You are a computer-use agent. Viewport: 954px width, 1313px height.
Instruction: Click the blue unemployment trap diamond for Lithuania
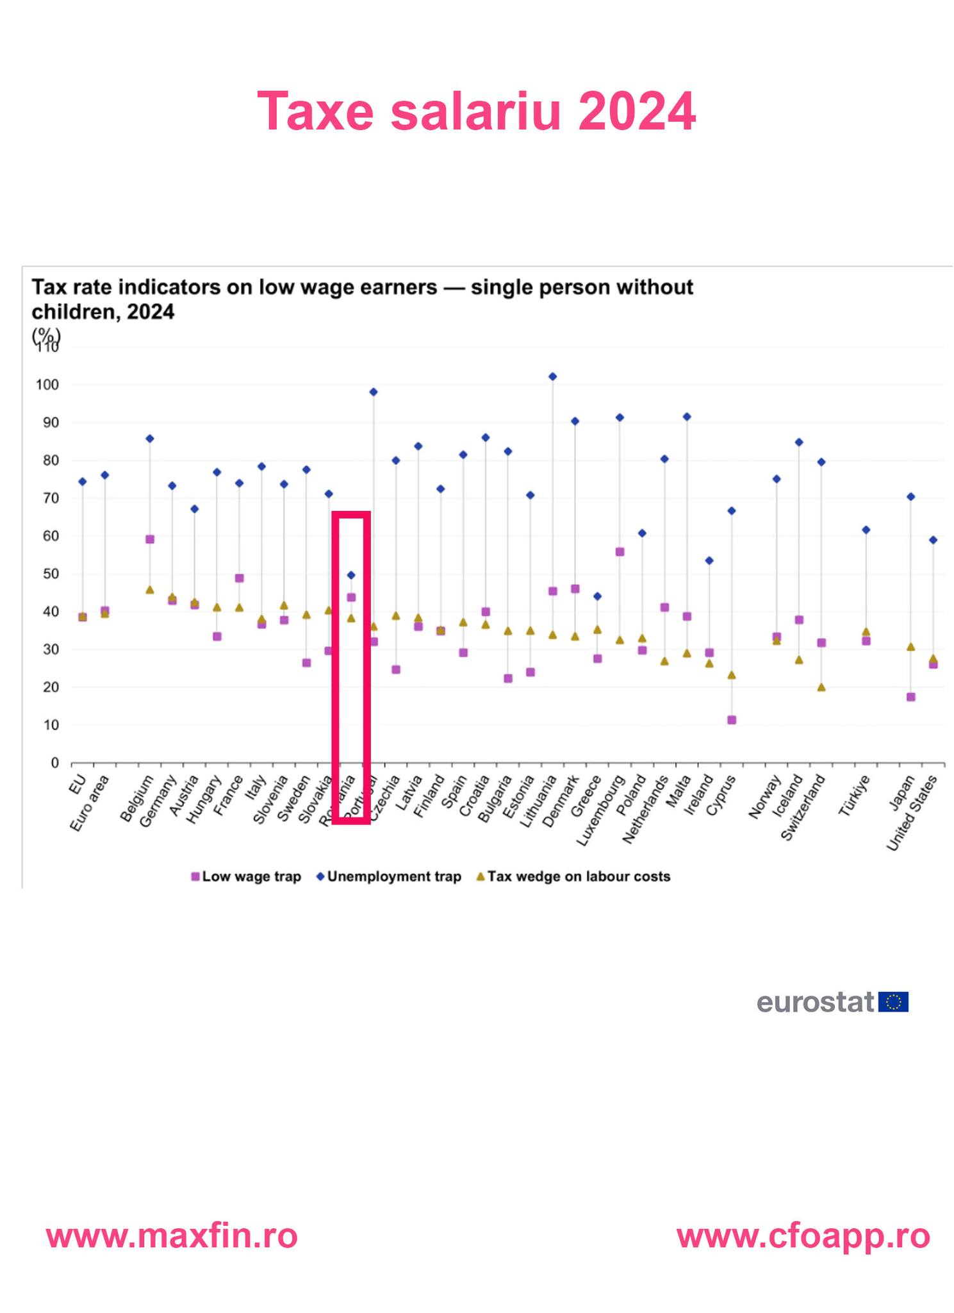click(x=553, y=376)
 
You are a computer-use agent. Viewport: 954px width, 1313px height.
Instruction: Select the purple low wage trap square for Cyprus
click(x=732, y=720)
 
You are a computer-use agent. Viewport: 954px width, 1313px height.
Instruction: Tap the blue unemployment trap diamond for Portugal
click(x=374, y=392)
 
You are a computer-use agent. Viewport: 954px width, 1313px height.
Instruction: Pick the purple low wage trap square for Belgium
click(x=150, y=539)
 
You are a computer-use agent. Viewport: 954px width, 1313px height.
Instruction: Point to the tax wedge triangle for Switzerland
click(x=821, y=687)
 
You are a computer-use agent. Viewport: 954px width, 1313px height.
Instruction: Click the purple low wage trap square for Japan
click(x=910, y=697)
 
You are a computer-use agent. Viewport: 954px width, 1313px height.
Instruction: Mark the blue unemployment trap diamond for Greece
click(x=597, y=596)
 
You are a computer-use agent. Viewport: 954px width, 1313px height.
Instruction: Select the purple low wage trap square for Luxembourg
click(x=620, y=551)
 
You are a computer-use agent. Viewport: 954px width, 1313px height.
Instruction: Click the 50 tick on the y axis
click(x=51, y=574)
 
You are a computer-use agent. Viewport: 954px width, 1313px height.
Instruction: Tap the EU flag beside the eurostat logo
click(x=893, y=1001)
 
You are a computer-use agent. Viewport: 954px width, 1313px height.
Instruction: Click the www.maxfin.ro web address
click(x=172, y=1235)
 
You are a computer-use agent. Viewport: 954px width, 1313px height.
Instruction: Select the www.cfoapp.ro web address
click(x=803, y=1235)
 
